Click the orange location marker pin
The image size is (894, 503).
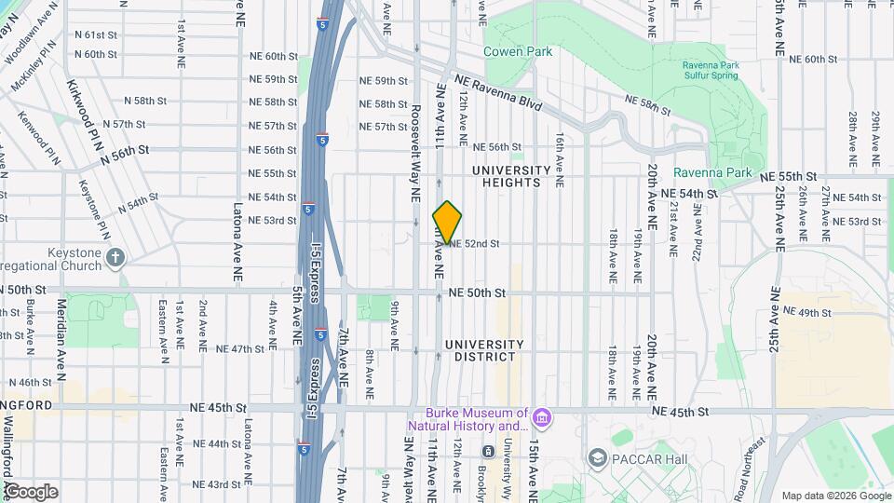(x=447, y=223)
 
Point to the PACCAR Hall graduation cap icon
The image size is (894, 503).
(x=599, y=457)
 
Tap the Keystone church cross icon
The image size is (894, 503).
(x=115, y=256)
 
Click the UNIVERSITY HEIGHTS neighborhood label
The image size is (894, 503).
(x=511, y=176)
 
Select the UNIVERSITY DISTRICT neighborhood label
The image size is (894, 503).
(x=484, y=350)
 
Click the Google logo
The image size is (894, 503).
(x=30, y=492)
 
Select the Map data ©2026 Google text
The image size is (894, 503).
(x=834, y=496)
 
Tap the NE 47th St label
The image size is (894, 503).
(x=240, y=349)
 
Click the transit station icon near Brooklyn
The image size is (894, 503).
(x=487, y=452)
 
